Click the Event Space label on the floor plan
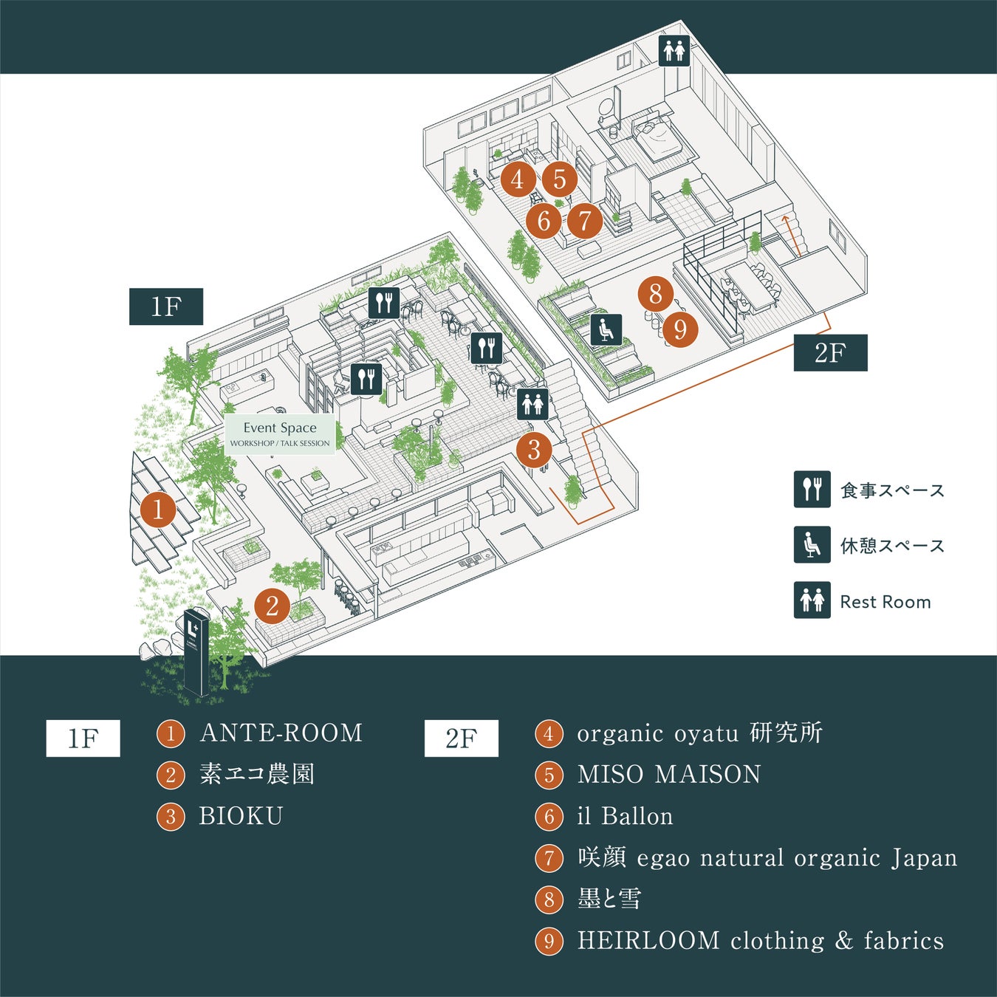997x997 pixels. (280, 434)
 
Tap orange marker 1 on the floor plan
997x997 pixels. (157, 509)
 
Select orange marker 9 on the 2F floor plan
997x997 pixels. (680, 329)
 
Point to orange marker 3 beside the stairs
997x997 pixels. (534, 449)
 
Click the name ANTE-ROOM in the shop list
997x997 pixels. (281, 733)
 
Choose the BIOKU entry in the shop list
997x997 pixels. (241, 816)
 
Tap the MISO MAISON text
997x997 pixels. (669, 775)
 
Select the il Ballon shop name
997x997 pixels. (625, 816)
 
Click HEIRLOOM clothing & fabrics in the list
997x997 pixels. (760, 941)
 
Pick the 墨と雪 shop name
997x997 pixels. (609, 900)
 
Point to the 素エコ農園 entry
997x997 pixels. (257, 775)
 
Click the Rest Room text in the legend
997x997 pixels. (885, 602)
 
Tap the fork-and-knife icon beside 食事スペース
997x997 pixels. (812, 490)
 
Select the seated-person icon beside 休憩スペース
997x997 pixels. (812, 545)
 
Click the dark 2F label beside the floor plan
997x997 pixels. (830, 353)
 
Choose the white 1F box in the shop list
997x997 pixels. (83, 738)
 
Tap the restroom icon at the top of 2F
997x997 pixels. (674, 51)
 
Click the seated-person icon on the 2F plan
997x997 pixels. (606, 330)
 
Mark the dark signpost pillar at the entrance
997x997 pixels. (196, 652)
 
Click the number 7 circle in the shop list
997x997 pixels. (549, 858)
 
